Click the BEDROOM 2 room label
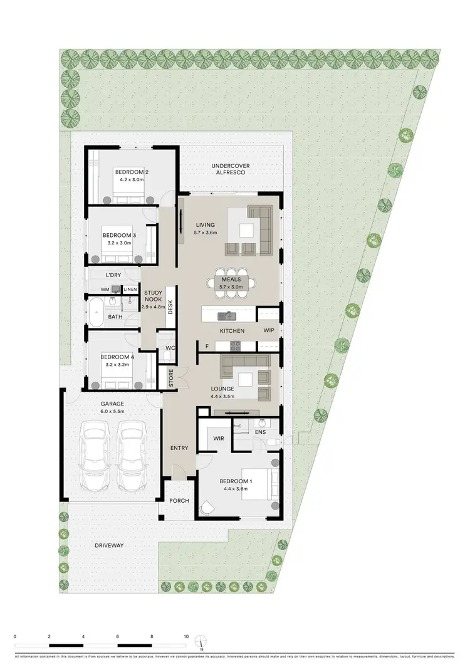[131, 172]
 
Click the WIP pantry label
[269, 330]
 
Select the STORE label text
[170, 379]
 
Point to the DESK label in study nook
[170, 306]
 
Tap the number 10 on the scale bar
[186, 636]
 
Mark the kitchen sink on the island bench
[227, 314]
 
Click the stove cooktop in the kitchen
[236, 345]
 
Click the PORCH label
[179, 500]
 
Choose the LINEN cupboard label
[130, 289]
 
